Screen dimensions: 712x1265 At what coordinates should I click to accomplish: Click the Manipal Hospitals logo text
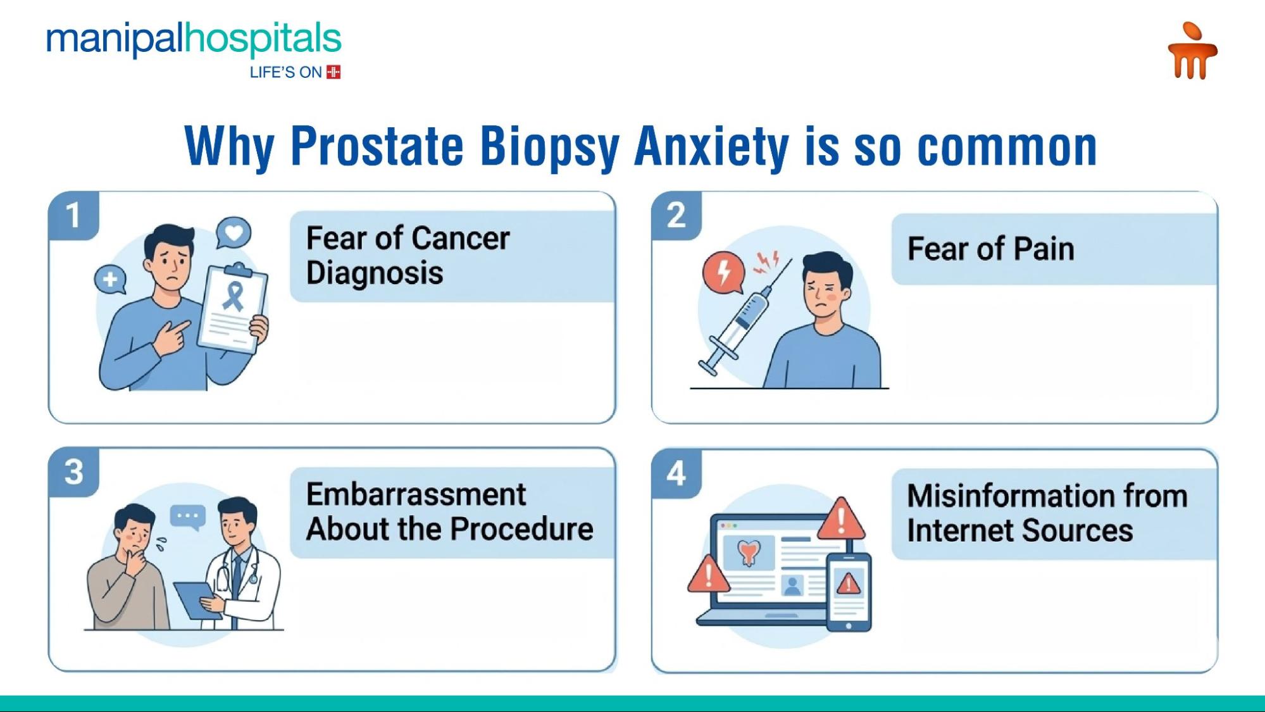pos(193,39)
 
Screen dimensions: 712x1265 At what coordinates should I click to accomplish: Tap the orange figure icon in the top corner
pos(1192,52)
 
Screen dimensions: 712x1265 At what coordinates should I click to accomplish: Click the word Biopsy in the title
pos(549,147)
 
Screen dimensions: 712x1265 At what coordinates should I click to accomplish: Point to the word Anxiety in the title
pos(711,147)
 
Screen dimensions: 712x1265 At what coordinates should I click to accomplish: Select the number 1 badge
pos(73,215)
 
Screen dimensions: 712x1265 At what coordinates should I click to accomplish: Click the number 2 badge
pos(676,215)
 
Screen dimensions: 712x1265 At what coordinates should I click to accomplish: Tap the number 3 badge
pos(73,472)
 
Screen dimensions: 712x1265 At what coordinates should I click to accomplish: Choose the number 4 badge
pos(676,473)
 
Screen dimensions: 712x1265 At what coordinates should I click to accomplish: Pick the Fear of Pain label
pos(990,249)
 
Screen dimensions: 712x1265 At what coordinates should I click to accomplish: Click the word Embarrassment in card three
pos(416,495)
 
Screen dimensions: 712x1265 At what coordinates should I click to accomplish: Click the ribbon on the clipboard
pos(234,296)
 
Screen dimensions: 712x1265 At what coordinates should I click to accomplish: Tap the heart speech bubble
pos(234,233)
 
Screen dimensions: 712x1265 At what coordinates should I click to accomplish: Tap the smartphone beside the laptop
pos(849,592)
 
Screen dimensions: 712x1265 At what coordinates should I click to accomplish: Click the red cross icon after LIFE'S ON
pos(333,72)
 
